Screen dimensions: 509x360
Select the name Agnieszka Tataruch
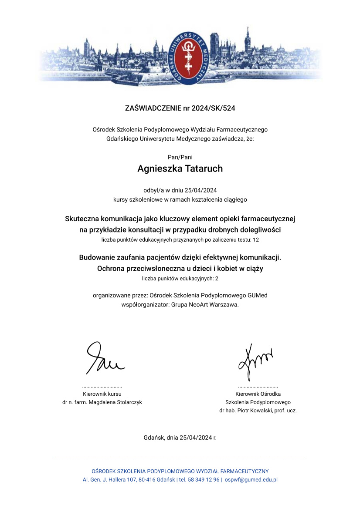[x=180, y=169]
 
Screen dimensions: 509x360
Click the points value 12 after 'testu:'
[x=256, y=239]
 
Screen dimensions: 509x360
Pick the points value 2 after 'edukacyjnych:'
[x=217, y=278]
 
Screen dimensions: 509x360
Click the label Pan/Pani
[x=180, y=157]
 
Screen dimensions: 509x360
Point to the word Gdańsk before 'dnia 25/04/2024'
[x=153, y=438]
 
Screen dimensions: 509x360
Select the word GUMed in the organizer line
[x=258, y=295]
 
